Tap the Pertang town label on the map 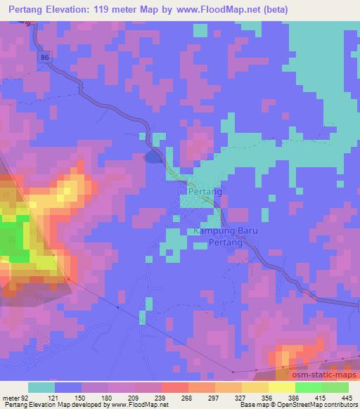click(205, 191)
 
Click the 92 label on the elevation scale click(26, 398)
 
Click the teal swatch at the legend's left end click(41, 387)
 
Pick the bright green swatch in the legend click(307, 387)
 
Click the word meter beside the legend click(10, 398)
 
